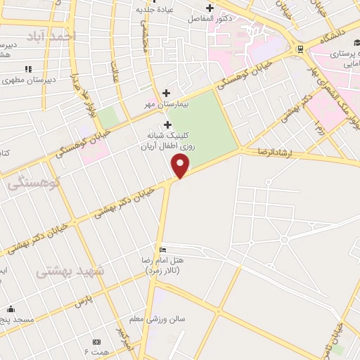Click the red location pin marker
click(181, 166)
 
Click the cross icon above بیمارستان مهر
click(166, 93)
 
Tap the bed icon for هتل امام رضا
click(163, 250)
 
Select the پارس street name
click(84, 302)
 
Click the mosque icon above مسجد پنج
click(11, 309)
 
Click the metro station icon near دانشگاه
click(300, 48)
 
